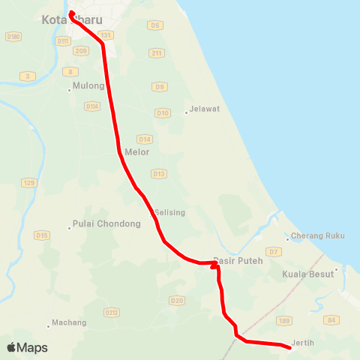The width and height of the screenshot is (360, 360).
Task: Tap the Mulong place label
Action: (x=89, y=86)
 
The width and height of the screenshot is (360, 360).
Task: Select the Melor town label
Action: (x=137, y=151)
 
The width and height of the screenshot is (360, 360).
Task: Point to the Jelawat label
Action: (x=205, y=108)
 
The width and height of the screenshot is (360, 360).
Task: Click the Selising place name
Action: (x=169, y=212)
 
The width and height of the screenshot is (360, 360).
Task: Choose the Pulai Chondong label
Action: (x=106, y=223)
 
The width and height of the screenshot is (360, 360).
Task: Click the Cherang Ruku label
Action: (x=318, y=235)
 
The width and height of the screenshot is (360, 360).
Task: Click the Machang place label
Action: (x=70, y=323)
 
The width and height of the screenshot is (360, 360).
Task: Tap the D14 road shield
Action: (x=145, y=139)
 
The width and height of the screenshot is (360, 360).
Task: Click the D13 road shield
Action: (x=157, y=174)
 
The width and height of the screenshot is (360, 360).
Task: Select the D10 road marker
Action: (x=162, y=112)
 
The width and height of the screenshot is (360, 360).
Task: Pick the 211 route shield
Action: (x=156, y=52)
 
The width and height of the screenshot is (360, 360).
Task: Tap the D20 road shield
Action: (x=177, y=301)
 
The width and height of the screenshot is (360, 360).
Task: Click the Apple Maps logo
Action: (x=27, y=347)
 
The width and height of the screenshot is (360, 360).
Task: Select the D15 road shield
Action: (x=41, y=235)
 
